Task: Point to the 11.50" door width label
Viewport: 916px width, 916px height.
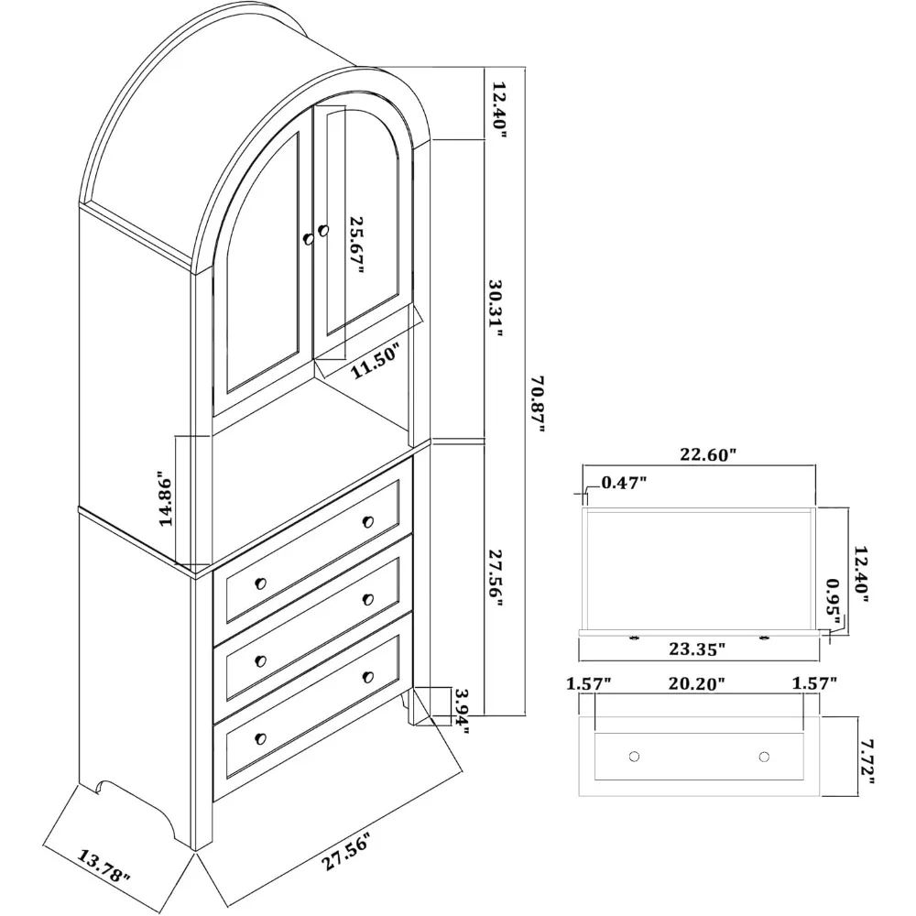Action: (377, 369)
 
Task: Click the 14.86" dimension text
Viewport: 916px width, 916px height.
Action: (166, 500)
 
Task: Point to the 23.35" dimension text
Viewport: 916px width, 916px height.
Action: (696, 649)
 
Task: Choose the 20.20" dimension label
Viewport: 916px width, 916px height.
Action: (697, 683)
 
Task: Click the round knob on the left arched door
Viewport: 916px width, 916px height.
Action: (309, 238)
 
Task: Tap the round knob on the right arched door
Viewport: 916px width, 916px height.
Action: (322, 228)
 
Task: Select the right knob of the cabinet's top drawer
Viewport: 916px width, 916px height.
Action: (368, 522)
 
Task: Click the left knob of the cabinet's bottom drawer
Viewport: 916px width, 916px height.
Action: (260, 737)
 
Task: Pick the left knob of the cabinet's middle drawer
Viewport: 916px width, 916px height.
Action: (260, 660)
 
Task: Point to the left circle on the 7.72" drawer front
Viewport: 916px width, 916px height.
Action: (633, 757)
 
